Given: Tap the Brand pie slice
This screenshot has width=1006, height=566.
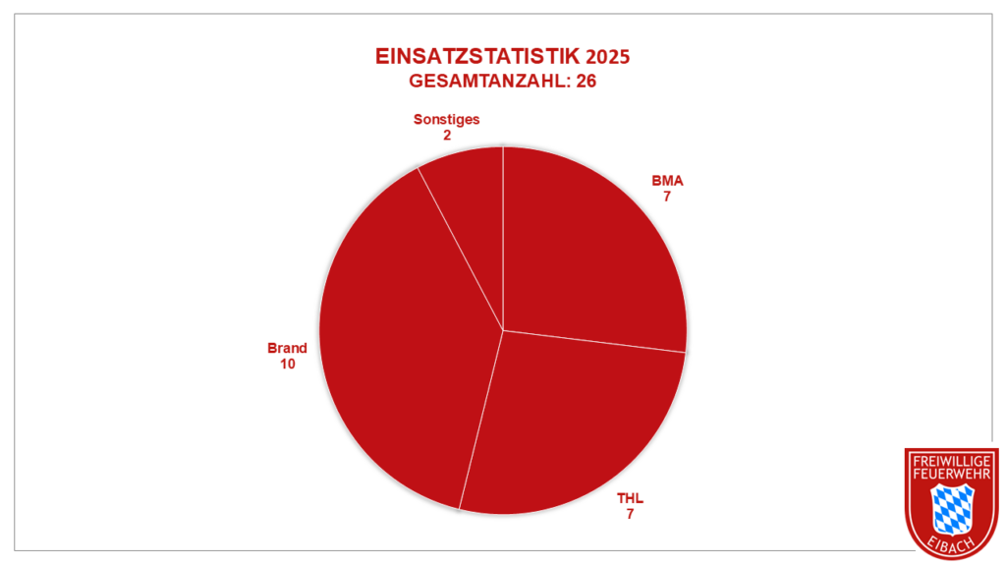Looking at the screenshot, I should [403, 344].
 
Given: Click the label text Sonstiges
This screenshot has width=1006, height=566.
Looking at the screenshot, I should [447, 119].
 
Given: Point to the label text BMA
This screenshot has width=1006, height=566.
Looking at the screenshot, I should [667, 181].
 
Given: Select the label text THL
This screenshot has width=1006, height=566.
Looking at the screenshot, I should [630, 497].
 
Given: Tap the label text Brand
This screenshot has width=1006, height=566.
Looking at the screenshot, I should [288, 348].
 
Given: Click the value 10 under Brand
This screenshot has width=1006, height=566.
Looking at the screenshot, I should [288, 364].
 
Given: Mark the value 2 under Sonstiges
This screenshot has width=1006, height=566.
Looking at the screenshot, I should [447, 135].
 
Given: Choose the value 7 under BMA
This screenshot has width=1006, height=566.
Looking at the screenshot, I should [667, 197].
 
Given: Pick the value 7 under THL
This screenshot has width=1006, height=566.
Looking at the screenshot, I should [630, 513].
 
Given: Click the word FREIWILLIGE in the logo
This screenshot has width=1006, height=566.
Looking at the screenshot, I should [951, 461].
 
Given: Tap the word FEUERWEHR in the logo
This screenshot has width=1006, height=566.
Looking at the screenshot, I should [951, 475].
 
